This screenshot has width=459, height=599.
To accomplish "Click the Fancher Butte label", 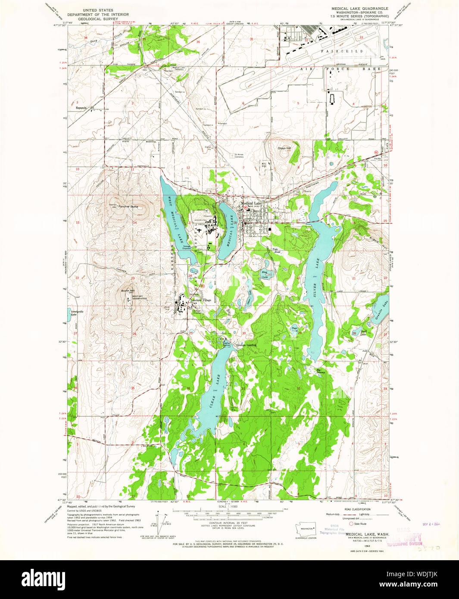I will pos(128,206).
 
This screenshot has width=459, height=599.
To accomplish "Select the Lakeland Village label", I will pos(201,300).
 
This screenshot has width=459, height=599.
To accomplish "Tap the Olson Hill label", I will pos(284,148).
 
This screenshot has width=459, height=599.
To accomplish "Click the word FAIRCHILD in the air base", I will pos(342,51).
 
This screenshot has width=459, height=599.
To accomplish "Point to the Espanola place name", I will pos(81,107).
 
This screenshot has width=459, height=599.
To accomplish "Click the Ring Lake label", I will pos(264,274).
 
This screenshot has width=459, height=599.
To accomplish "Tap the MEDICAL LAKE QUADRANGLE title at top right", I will pos(359,8).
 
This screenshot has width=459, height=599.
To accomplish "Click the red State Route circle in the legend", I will pos(351,524).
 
